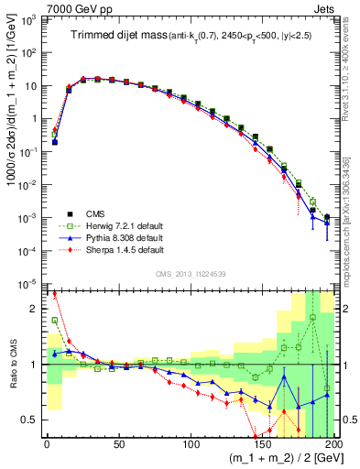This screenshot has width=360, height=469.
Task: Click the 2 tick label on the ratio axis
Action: click(37, 308)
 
